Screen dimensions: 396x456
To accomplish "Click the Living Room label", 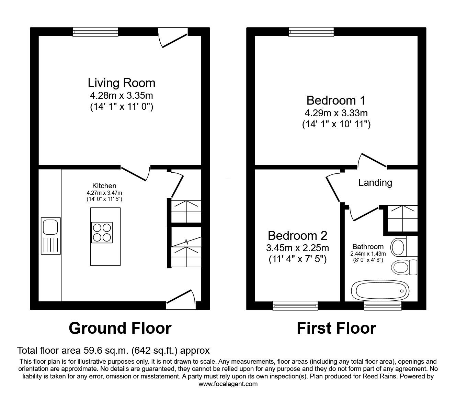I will [121, 83].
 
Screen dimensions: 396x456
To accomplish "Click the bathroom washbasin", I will [399, 247].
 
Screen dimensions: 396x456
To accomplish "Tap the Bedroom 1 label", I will [335, 100].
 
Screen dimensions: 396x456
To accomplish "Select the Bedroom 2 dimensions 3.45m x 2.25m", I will [297, 248].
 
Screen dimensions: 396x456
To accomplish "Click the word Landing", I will [375, 182].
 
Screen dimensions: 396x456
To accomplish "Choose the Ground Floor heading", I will [120, 328].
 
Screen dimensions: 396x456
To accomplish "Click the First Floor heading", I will [336, 328].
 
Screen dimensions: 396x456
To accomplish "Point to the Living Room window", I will [95, 32].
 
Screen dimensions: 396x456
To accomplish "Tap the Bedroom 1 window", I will [311, 32].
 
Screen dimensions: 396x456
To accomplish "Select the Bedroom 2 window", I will [295, 305].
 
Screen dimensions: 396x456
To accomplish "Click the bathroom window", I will [383, 305].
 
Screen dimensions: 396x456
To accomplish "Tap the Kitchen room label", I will [104, 186].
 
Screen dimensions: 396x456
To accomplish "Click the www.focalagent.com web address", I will [228, 384].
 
